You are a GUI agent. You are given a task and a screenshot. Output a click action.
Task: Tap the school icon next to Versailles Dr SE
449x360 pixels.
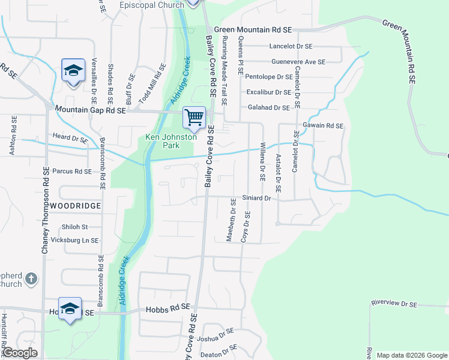click(x=73, y=71)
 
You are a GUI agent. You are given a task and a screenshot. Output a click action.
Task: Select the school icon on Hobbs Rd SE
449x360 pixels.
click(x=70, y=308)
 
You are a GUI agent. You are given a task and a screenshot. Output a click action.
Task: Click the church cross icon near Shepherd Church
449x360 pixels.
click(x=32, y=280)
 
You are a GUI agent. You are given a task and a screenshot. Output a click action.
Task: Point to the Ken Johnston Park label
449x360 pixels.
click(x=171, y=141)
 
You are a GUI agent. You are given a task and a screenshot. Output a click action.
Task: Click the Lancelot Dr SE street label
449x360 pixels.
click(x=291, y=46)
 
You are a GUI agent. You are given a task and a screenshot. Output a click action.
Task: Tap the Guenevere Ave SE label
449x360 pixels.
click(x=298, y=61)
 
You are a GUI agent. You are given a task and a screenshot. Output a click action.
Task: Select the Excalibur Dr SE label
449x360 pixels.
click(x=269, y=92)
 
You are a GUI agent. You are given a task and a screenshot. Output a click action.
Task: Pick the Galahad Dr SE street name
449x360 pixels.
click(x=269, y=107)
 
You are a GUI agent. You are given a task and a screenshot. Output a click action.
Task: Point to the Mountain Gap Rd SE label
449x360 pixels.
click(x=90, y=110)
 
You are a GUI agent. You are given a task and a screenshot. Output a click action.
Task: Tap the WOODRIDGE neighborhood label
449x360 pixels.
click(x=75, y=205)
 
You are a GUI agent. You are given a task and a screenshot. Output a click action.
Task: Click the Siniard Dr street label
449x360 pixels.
click(x=257, y=197)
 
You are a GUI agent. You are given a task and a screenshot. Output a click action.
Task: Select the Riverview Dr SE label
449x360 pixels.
click(x=394, y=304)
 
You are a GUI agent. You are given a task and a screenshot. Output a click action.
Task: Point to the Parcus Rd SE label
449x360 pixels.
click(x=72, y=171)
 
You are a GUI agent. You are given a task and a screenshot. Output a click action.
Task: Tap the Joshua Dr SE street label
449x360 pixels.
click(x=218, y=334)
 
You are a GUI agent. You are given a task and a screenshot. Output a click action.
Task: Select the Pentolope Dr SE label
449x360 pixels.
click(x=269, y=77)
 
